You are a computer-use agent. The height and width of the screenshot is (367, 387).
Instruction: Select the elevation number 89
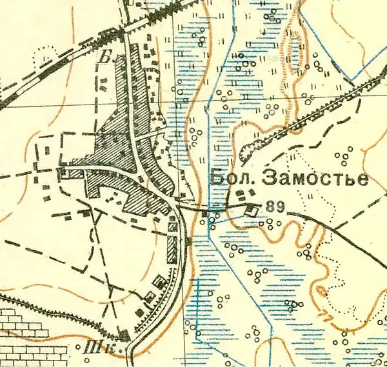275,208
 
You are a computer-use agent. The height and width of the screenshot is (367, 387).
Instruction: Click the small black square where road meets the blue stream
205,212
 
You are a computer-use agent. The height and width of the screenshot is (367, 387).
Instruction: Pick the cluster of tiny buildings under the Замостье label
243,195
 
